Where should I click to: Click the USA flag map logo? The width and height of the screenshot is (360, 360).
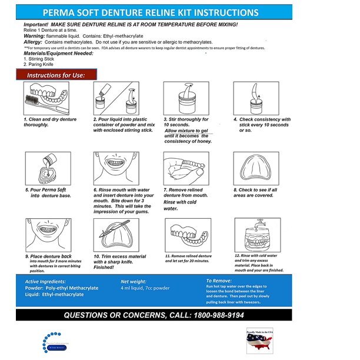coord(260,341)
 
